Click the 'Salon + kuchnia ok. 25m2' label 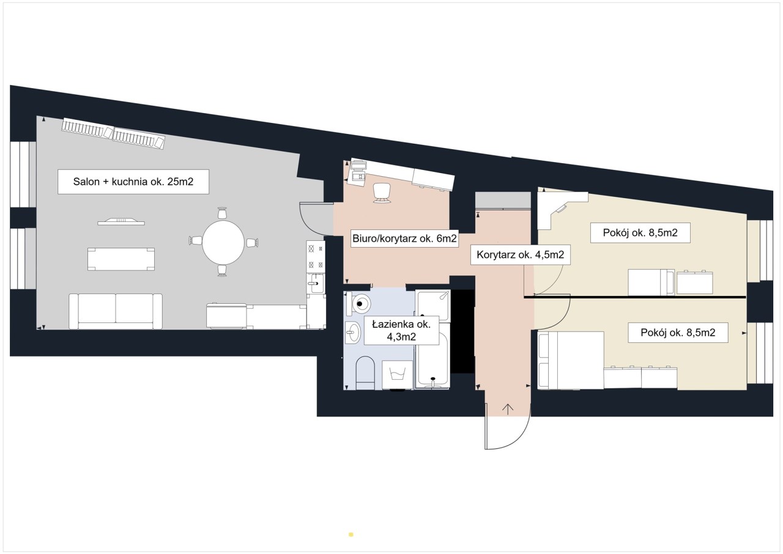click(x=133, y=182)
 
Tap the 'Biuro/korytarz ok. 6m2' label click(x=404, y=238)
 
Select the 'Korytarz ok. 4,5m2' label click(x=521, y=254)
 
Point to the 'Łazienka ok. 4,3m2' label click(x=401, y=330)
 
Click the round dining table click(x=223, y=242)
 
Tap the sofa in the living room click(x=116, y=311)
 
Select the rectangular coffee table click(x=121, y=259)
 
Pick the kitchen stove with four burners click(x=316, y=256)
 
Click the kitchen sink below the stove click(x=316, y=283)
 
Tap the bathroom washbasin click(x=352, y=332)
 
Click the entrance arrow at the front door click(x=508, y=410)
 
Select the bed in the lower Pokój click(x=571, y=360)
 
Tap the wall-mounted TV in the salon click(x=121, y=222)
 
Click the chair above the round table click(x=222, y=213)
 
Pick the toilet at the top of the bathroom click(x=359, y=303)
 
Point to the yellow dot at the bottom click(x=351, y=534)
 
